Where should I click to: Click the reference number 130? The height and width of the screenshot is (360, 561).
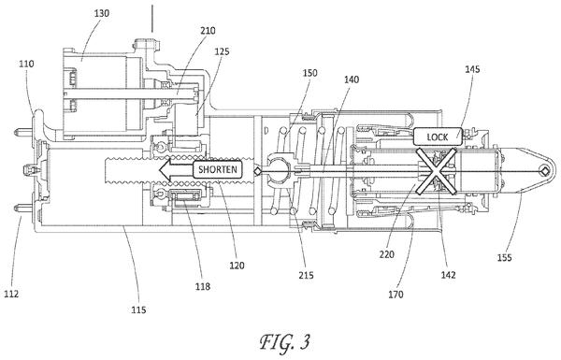[x=102, y=14]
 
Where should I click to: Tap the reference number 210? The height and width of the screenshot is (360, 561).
[x=208, y=31]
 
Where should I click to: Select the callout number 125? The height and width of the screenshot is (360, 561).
[x=222, y=51]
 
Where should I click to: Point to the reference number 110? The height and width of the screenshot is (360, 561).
[x=26, y=65]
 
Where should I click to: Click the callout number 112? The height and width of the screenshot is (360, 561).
[x=11, y=294]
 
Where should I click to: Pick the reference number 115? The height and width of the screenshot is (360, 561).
[x=138, y=310]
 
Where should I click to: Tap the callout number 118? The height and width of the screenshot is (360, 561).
[x=203, y=286]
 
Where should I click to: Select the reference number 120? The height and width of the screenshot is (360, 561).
[x=237, y=266]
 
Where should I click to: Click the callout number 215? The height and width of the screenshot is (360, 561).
[x=307, y=275]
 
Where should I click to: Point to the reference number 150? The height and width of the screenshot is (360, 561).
[x=309, y=73]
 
